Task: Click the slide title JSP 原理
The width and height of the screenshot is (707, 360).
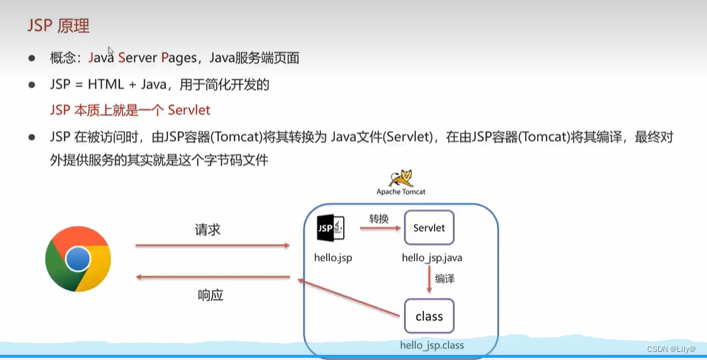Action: click(x=58, y=26)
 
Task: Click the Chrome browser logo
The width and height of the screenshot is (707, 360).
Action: click(x=78, y=259)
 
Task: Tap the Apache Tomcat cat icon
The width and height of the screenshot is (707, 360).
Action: click(x=401, y=178)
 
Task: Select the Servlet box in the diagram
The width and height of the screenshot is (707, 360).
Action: click(x=429, y=228)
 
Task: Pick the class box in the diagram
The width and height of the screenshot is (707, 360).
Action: click(x=429, y=316)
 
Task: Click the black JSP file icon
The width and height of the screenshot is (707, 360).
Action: click(x=329, y=228)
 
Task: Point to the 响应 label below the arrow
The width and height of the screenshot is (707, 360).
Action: click(x=211, y=294)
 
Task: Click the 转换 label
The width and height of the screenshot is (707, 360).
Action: click(x=380, y=219)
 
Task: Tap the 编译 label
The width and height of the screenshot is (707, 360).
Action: click(x=445, y=279)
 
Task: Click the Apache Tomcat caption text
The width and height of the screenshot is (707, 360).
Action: click(x=401, y=191)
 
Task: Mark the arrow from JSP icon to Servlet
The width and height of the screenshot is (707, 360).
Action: click(x=380, y=229)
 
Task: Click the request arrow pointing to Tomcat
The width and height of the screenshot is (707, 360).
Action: click(x=212, y=244)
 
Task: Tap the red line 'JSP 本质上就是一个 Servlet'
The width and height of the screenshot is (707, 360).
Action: click(x=130, y=110)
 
